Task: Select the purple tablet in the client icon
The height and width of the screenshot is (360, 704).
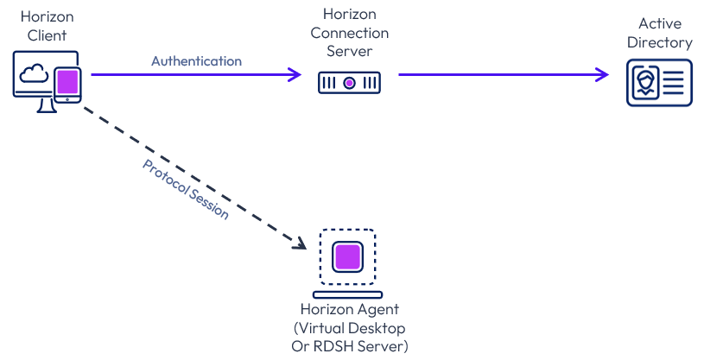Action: (67, 84)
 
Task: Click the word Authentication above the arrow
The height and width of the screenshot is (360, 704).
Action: (196, 61)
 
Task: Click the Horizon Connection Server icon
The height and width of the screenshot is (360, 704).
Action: (349, 83)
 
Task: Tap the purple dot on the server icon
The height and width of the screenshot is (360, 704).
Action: (349, 83)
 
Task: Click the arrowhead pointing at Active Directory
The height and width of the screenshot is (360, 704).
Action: (603, 75)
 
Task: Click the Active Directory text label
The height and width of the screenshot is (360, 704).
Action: (664, 34)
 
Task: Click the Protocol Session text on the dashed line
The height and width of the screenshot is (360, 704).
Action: (186, 189)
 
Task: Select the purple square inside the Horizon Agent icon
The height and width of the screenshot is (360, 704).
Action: (347, 256)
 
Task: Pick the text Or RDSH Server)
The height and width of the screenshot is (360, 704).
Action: (350, 346)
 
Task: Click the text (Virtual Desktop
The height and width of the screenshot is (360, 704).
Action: (350, 328)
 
